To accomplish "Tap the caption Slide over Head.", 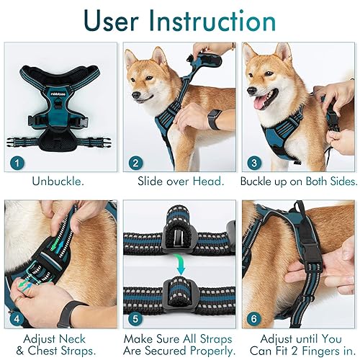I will click(179, 181).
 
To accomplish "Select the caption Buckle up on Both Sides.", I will click(298, 181).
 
